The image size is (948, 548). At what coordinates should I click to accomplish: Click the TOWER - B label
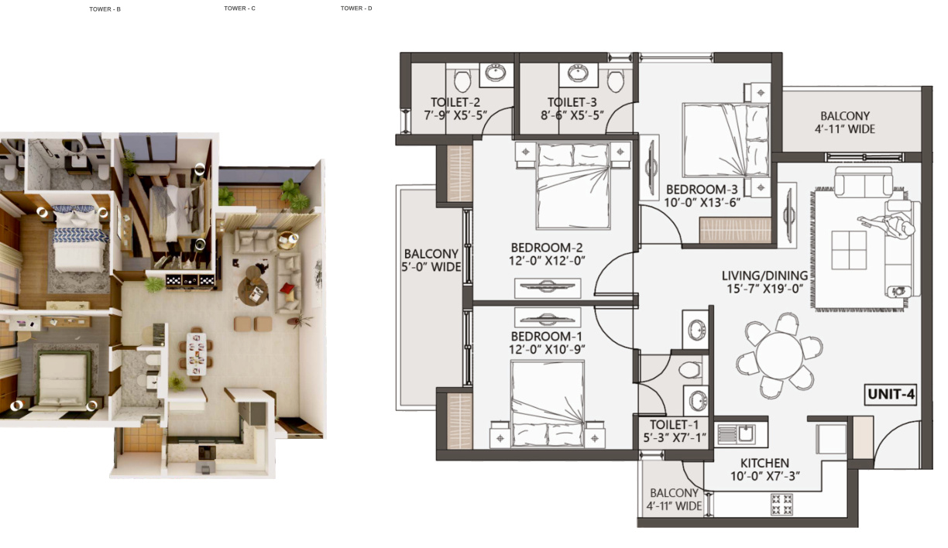point(105,9)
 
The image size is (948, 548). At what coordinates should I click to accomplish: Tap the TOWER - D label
point(356,9)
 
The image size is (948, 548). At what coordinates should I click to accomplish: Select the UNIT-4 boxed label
point(891,395)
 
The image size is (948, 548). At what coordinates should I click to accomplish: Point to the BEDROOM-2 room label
point(547,248)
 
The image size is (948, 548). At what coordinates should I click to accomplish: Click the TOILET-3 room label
point(572,102)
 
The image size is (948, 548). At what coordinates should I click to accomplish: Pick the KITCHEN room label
point(764,463)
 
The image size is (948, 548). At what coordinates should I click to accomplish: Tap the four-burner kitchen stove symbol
point(781,504)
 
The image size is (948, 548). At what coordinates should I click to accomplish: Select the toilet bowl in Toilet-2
point(462,80)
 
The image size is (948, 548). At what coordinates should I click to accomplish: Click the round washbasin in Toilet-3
point(578,73)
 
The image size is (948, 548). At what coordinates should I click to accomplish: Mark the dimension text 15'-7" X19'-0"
point(765,289)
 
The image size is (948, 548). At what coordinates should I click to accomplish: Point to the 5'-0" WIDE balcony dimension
point(431,267)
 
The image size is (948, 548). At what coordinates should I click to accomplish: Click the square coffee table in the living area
point(849,250)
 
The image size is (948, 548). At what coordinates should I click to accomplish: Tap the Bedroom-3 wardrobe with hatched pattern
point(735,231)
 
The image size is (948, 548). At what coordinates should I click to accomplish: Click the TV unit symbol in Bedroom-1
point(548,317)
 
